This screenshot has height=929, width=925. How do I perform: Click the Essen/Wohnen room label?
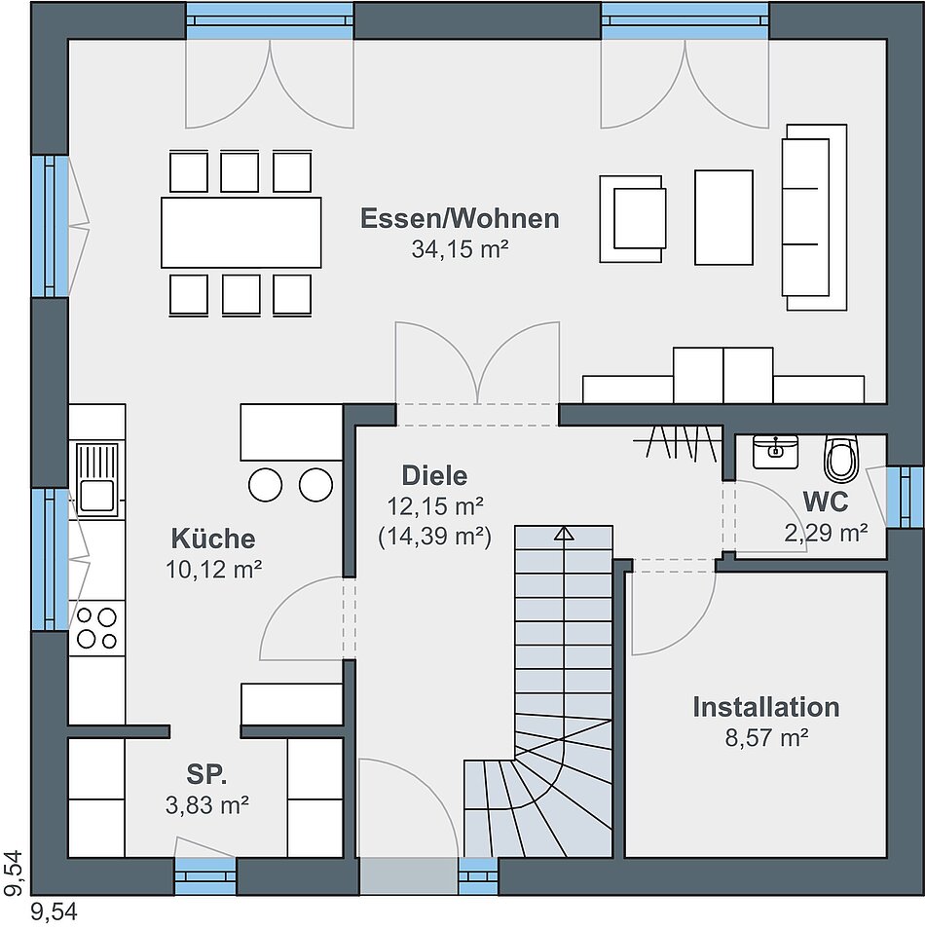coord(460,218)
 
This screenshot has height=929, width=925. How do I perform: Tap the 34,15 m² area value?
coord(460,249)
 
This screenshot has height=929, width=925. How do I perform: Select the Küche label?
coord(213,539)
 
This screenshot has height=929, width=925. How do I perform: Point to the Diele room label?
coord(434,476)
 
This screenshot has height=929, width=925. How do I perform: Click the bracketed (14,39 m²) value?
coord(434,535)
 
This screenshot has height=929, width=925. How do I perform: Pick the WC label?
coord(825,502)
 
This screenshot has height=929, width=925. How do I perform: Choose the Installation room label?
coord(765,707)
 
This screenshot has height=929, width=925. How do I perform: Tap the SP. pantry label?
coord(206,775)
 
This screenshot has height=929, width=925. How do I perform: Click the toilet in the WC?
coord(841,458)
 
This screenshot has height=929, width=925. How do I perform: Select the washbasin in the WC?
coord(775,450)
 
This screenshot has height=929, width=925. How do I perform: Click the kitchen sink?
coord(97,478)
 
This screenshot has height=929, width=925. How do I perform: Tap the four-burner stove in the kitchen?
coord(97,627)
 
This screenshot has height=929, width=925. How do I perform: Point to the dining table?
coord(240,232)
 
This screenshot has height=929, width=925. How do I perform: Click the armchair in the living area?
coord(634,218)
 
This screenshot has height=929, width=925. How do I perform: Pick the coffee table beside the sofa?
coord(723,217)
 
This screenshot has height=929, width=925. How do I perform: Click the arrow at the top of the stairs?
coord(564,533)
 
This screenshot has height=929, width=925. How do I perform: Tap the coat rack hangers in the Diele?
coord(681,443)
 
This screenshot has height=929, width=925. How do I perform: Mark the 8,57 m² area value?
coord(765,737)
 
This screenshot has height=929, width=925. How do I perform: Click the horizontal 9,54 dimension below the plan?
coord(55,912)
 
